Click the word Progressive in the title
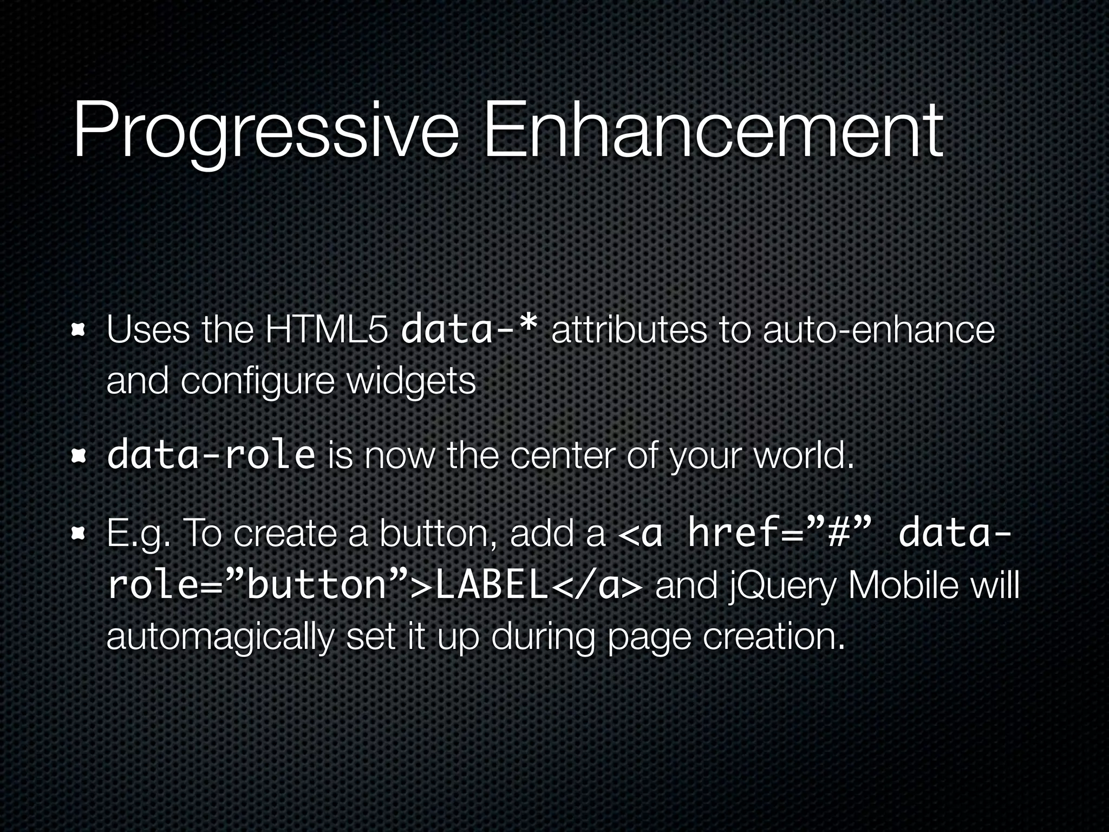click(265, 133)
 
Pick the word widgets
click(411, 381)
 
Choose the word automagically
click(219, 637)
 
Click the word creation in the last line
click(774, 636)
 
